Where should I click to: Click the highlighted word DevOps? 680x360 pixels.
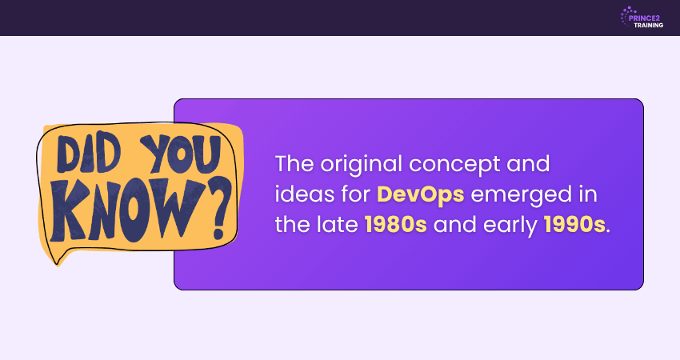(420, 194)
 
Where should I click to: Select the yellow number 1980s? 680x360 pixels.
(395, 225)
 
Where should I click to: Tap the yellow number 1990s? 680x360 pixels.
(574, 225)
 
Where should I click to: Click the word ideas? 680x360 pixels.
(305, 194)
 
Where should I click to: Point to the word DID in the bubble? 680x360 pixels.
(89, 153)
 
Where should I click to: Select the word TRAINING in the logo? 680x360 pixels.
(648, 25)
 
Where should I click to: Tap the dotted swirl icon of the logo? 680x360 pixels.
(626, 17)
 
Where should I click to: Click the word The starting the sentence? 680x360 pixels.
(294, 164)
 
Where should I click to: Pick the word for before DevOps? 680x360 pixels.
(355, 194)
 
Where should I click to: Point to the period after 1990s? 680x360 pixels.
(609, 232)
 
